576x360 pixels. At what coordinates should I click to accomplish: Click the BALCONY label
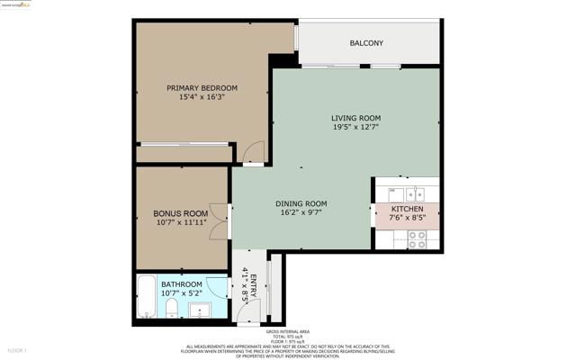(x=366, y=43)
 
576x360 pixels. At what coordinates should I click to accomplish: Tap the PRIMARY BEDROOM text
(x=202, y=88)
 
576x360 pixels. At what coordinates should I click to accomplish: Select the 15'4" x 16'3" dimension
(x=202, y=97)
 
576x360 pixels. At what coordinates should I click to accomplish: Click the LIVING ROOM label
(x=355, y=118)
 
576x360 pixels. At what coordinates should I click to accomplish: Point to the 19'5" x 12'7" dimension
(x=355, y=127)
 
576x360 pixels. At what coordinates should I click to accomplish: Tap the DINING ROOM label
(x=301, y=203)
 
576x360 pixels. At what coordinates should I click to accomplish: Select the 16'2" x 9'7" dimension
(x=301, y=212)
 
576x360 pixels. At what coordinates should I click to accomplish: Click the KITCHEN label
(x=407, y=209)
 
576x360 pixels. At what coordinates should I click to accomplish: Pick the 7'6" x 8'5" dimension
(x=407, y=218)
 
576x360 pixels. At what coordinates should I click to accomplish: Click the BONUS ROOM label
(x=180, y=213)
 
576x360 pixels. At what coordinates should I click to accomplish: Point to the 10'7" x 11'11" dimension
(x=180, y=222)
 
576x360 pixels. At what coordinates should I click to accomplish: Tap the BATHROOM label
(x=181, y=284)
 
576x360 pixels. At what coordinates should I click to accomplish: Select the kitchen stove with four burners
(x=417, y=239)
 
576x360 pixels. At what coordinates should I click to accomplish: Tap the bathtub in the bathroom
(x=147, y=298)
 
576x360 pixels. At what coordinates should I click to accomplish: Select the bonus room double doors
(x=217, y=219)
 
